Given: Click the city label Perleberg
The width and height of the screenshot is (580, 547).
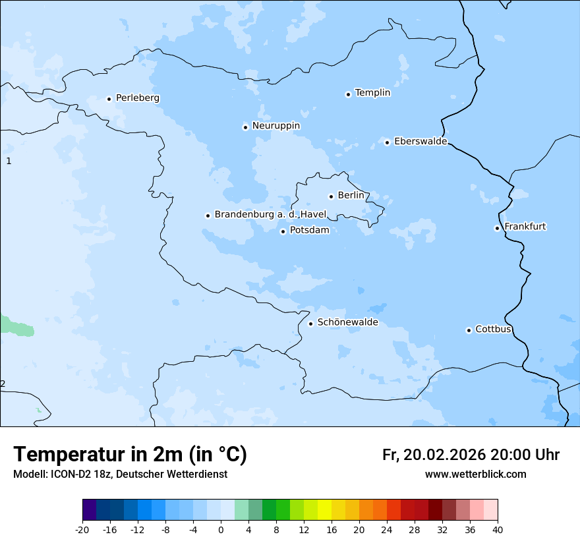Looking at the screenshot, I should [137, 98].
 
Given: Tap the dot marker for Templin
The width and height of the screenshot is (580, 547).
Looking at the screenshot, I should [348, 94].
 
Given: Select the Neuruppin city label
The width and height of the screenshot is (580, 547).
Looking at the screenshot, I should [275, 126].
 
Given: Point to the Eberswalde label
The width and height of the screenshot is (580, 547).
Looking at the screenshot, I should [420, 142].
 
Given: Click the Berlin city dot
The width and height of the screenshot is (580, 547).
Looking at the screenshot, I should [331, 196].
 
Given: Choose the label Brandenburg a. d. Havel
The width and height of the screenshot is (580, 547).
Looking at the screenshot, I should [270, 215].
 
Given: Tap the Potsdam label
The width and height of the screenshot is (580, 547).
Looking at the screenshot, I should [309, 231].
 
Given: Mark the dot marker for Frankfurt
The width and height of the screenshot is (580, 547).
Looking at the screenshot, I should [497, 228].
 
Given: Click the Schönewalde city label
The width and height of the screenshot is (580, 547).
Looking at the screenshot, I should [347, 323].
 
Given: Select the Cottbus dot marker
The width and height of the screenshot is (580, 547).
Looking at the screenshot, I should [469, 330].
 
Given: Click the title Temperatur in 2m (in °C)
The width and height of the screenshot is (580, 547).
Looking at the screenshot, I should [130, 455].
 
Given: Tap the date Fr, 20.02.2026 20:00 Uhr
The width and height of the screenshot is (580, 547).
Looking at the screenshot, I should [471, 455].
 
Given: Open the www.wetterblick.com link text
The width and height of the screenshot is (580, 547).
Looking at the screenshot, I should [475, 475].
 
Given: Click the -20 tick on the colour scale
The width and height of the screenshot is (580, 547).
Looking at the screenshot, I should [82, 530].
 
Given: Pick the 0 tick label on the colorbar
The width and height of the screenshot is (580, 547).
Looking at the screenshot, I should [221, 530].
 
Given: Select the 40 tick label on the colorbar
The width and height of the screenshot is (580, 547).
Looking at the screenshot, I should [498, 530].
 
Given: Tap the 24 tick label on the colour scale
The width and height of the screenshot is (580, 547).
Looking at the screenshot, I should [387, 530].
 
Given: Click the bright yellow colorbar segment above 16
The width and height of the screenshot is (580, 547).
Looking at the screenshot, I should [324, 510].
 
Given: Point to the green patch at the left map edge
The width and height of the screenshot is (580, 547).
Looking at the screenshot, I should [14, 326].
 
